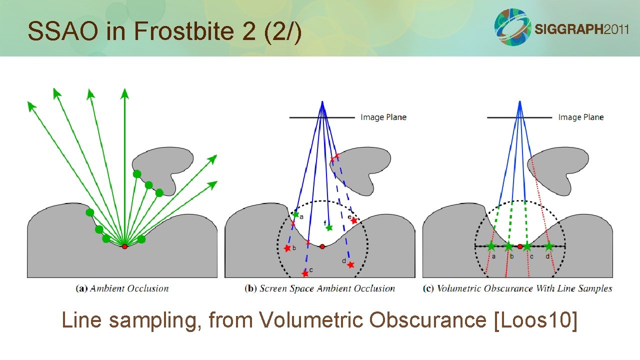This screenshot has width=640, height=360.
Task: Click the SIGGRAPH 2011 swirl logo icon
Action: coord(512,27)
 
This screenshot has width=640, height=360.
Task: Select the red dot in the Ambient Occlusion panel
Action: coord(124,246)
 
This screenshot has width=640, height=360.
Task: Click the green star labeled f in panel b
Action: coord(329,228)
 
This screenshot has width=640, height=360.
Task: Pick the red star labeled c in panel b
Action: coord(305,273)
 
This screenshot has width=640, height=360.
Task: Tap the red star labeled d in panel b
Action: coord(350,265)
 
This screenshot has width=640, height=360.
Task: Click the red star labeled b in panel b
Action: coord(287,248)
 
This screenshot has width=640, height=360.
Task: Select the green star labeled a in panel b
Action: coord(295,215)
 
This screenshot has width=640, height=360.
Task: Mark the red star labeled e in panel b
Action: coord(354,220)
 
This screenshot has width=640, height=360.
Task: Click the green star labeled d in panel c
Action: coord(549,246)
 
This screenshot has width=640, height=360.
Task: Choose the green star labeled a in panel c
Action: coord(491,246)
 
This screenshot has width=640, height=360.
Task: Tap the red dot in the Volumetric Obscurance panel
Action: coord(520,246)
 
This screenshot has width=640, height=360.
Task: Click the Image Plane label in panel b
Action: coord(383,117)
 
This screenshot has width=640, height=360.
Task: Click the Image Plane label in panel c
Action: coord(581,117)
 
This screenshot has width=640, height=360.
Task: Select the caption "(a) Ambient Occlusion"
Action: coord(122,288)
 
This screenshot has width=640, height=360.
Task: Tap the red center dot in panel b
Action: coord(322,246)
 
